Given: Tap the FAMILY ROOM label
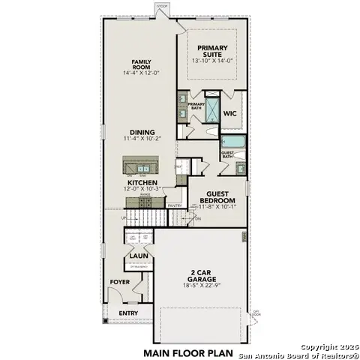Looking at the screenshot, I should [x=142, y=64].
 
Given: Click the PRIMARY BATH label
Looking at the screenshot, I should [x=196, y=106].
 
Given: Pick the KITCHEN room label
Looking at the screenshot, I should [x=141, y=182].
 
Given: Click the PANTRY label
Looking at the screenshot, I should [x=175, y=205].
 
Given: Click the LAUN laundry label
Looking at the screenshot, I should [x=136, y=255].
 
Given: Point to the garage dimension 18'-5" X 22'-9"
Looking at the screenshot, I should [x=202, y=285].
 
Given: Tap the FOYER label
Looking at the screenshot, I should [x=120, y=282].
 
